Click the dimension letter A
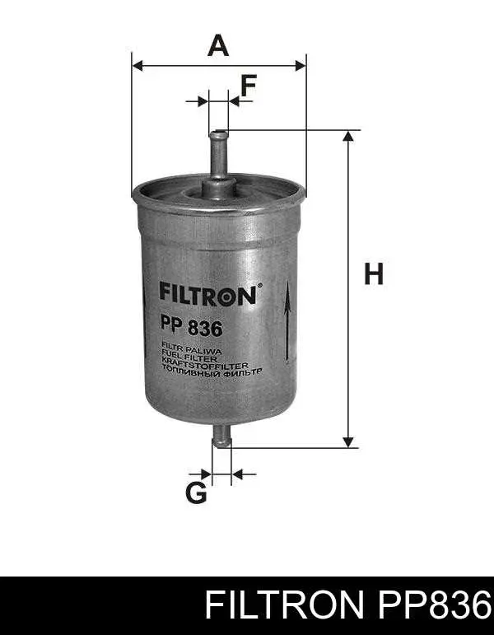click(x=218, y=44)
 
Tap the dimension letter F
click(x=248, y=85)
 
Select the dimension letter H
click(x=375, y=274)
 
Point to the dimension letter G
click(x=196, y=493)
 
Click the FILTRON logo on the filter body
click(x=207, y=295)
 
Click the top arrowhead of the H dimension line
click(x=349, y=137)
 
